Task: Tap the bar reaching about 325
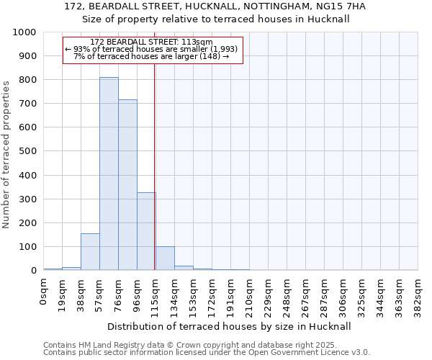click(x=146, y=231)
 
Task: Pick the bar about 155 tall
click(x=90, y=252)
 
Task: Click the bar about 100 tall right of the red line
click(x=165, y=258)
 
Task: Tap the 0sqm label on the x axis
click(x=44, y=292)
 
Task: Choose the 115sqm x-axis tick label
click(x=156, y=295)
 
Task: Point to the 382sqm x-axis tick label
click(x=418, y=295)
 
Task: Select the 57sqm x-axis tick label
click(x=100, y=294)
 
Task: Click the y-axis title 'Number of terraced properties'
click(x=6, y=155)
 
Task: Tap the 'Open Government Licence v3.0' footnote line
click(x=207, y=352)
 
